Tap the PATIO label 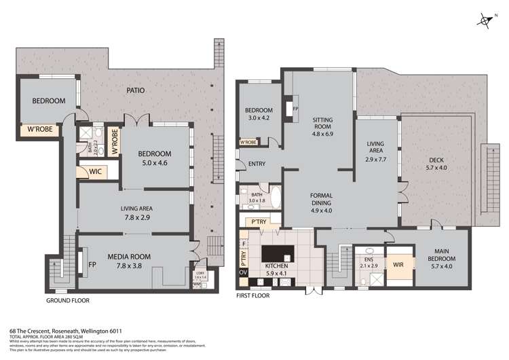point(140,90)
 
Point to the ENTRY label point(257,164)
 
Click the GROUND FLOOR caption point(67,300)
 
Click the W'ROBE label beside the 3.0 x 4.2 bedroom point(248,143)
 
